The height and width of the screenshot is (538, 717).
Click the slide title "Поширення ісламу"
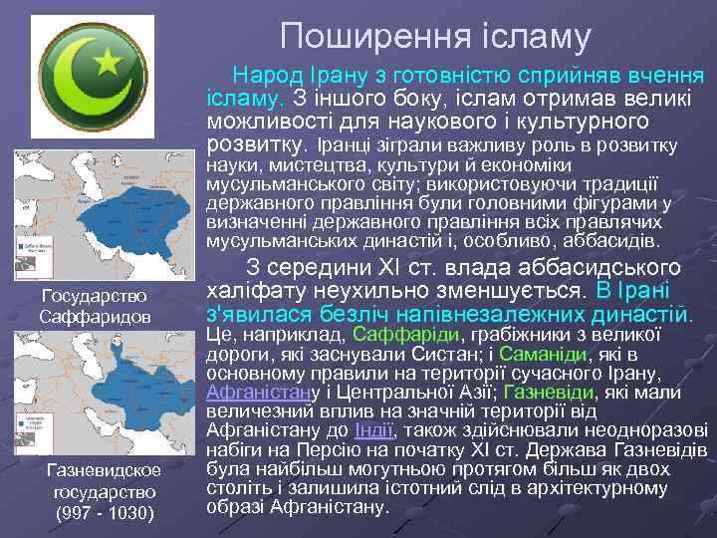coord(435,37)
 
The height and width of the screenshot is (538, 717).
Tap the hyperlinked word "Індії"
coord(374,430)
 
